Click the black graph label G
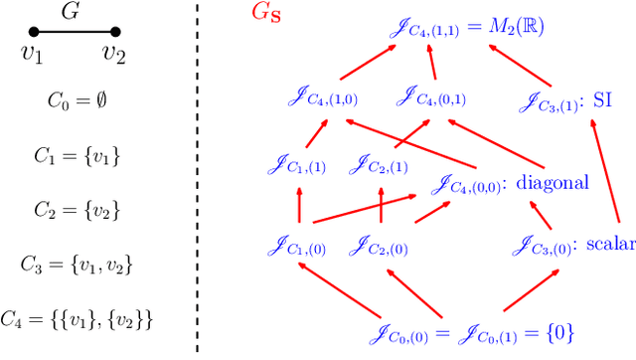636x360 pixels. click(70, 12)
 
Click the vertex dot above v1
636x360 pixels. click(33, 34)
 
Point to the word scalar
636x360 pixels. click(608, 244)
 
